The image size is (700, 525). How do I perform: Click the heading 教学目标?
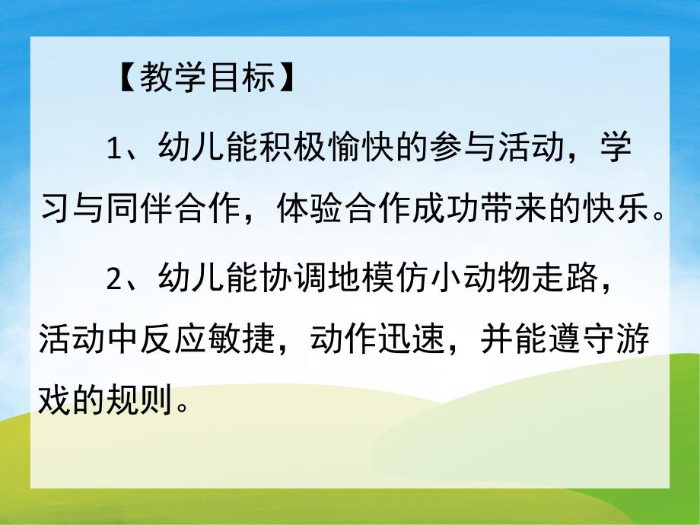point(206,79)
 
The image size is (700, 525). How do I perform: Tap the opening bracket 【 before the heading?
point(125,79)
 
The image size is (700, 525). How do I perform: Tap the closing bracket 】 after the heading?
point(288,79)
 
